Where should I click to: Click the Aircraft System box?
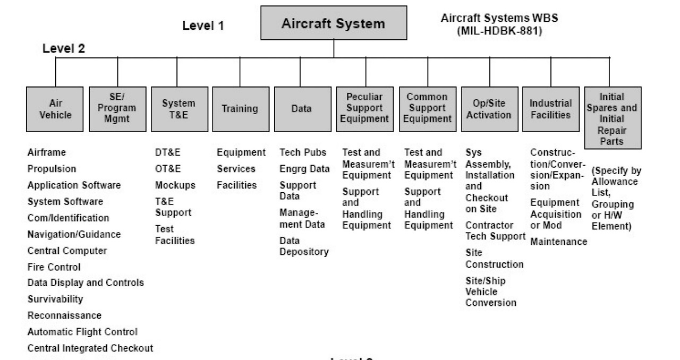point(334,24)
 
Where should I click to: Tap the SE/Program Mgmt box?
point(117,109)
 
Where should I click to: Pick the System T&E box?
point(178,109)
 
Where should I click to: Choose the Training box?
point(239,109)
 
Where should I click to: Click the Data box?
point(301,109)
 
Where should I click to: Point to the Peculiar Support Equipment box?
point(366,109)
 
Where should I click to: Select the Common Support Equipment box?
point(427,109)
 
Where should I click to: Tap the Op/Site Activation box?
point(488,109)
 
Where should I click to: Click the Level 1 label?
point(203,25)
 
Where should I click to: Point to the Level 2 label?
point(64,48)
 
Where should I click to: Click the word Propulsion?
point(52,169)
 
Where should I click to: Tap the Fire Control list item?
point(54,267)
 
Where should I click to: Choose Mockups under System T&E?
point(175,185)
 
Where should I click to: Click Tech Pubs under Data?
point(303,153)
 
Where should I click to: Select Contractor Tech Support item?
point(495,231)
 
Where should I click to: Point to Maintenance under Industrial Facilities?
point(558,242)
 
